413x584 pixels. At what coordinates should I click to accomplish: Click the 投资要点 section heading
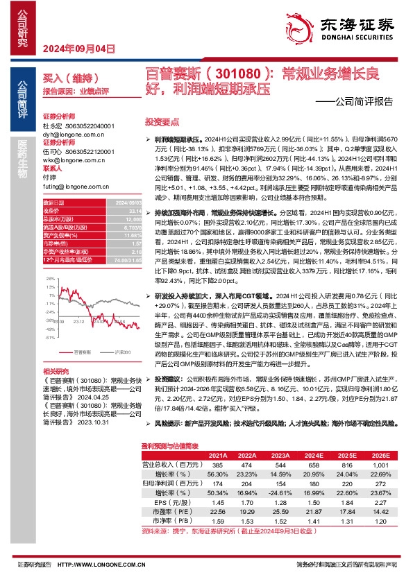coord(161,119)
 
